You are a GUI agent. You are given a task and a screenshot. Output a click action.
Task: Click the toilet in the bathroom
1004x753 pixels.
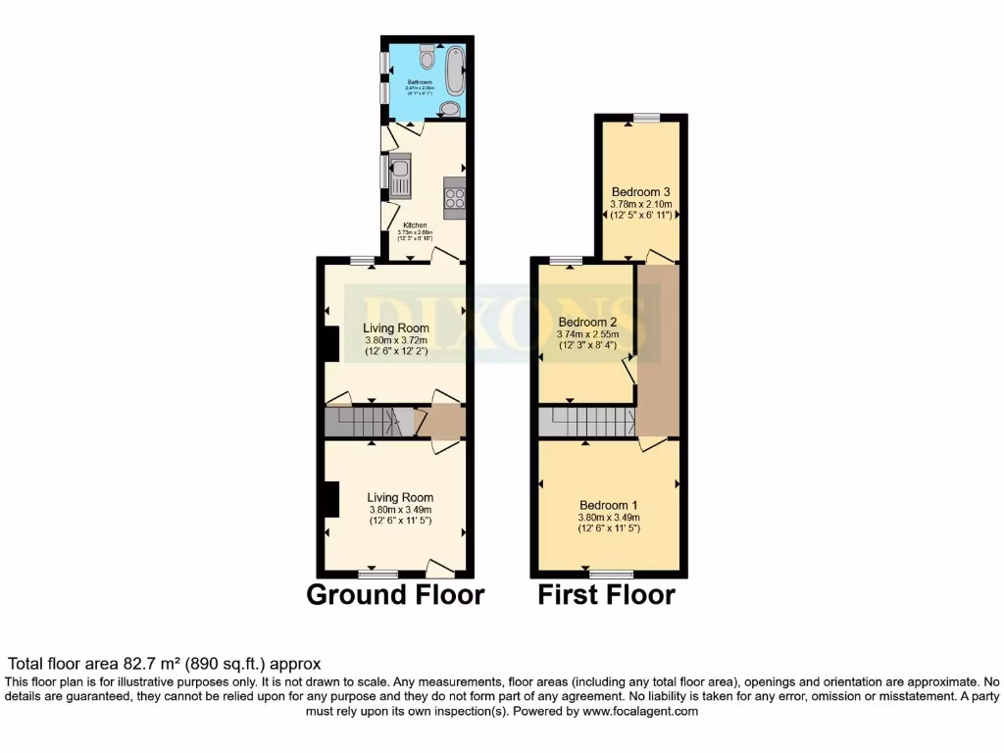click(x=424, y=52)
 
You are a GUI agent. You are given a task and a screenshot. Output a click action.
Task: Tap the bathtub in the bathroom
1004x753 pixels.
click(x=456, y=68)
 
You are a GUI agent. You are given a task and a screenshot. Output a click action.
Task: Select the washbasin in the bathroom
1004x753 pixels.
click(x=450, y=108)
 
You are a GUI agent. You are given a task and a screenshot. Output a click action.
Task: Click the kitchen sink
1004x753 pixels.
click(x=400, y=176)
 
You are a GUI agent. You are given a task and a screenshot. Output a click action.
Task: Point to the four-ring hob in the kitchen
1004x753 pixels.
click(x=455, y=199)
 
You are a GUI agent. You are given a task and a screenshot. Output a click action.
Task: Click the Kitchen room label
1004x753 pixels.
click(x=415, y=225)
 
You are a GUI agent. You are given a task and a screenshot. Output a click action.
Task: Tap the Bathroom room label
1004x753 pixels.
click(x=420, y=82)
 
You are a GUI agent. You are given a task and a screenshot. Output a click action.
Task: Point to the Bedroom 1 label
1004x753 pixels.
click(x=608, y=505)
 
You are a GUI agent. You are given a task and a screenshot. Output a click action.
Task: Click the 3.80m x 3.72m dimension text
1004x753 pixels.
click(x=396, y=340)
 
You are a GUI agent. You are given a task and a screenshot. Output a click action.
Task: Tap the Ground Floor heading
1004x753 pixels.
click(x=395, y=595)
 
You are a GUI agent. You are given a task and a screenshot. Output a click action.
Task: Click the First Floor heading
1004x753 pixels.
click(x=606, y=595)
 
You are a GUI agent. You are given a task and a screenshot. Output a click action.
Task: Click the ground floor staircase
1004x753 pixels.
click(x=368, y=423)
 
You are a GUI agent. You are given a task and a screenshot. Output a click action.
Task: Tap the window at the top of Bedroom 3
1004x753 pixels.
click(x=646, y=118)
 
